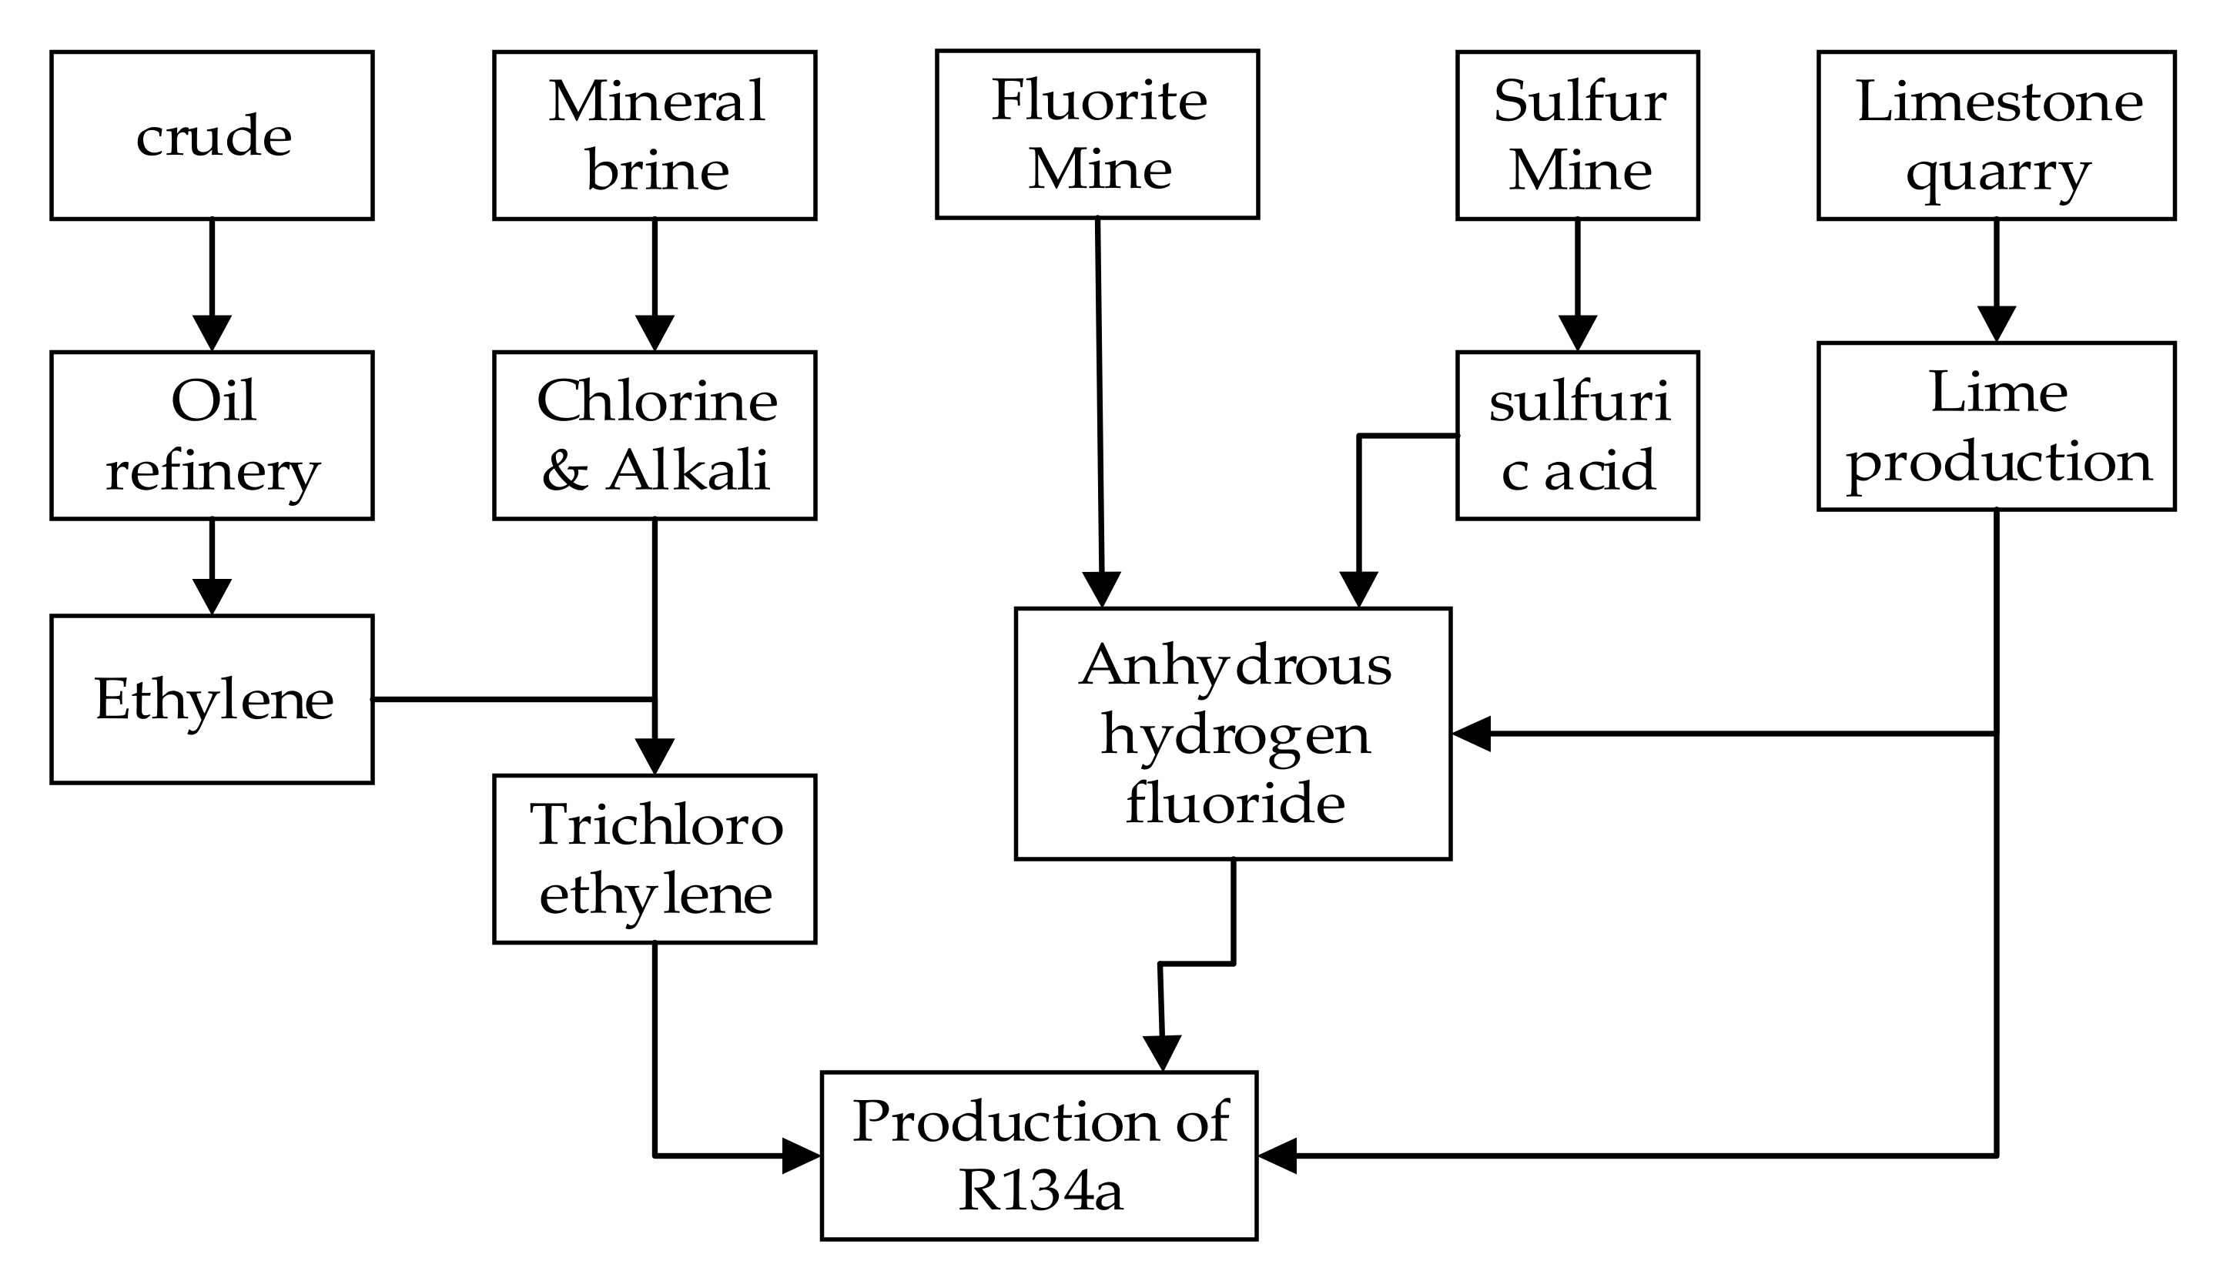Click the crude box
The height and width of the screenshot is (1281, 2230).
[211, 135]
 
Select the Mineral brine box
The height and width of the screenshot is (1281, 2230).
[654, 135]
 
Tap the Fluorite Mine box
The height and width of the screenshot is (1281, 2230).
[1097, 134]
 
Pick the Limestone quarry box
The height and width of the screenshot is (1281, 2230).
[1996, 135]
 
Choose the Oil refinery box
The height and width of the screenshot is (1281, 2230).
[211, 436]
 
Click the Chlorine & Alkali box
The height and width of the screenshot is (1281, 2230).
[654, 436]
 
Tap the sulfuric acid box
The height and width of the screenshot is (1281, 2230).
[1577, 436]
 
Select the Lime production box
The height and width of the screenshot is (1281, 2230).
[1996, 426]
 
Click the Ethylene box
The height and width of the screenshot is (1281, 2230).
[211, 700]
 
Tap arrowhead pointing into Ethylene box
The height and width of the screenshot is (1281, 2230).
[211, 597]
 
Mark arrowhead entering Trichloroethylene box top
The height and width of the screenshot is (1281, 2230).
[654, 758]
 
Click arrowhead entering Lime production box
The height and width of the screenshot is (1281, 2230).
[1996, 325]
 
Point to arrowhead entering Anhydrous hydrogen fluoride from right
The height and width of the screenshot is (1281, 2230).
[1470, 733]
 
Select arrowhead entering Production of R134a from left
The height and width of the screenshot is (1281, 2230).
[802, 1156]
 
